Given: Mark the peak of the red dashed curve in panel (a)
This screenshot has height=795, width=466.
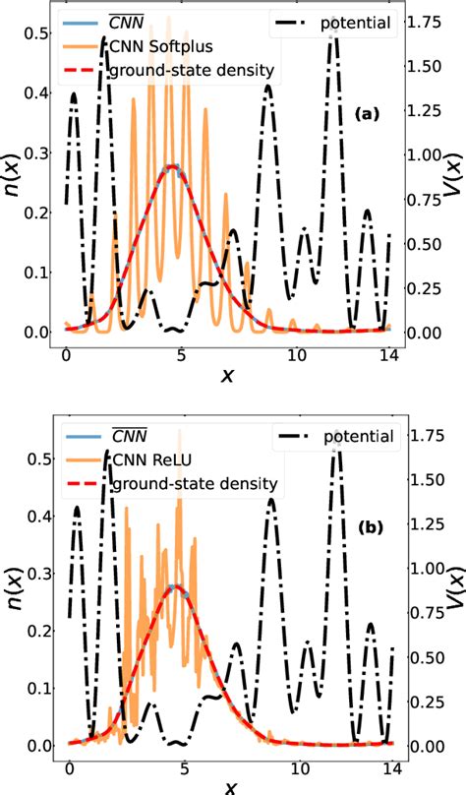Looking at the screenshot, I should click(x=173, y=167).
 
